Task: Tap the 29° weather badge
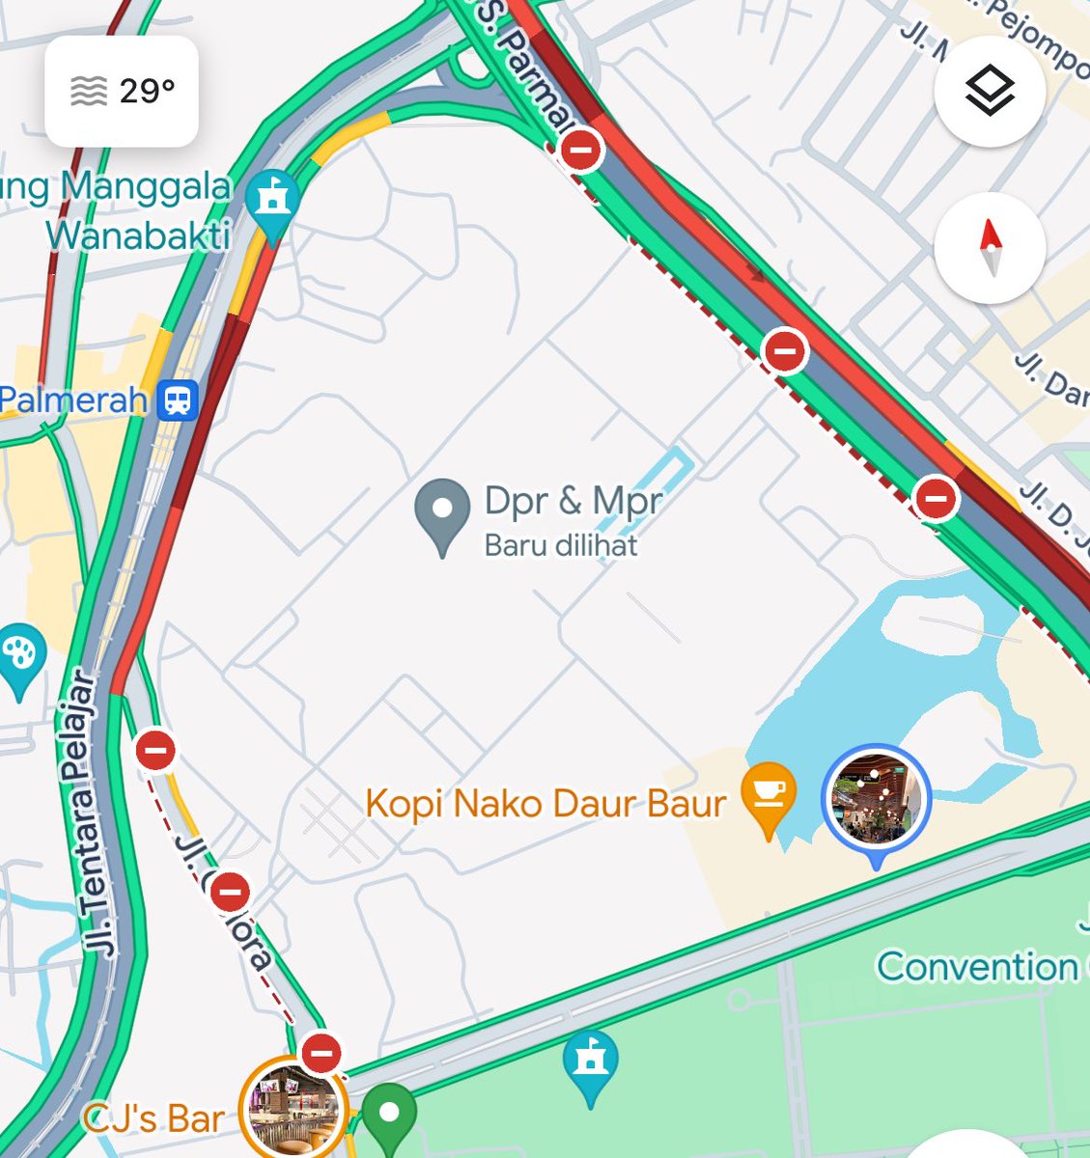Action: pyautogui.click(x=122, y=92)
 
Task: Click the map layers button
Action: pyautogui.click(x=990, y=92)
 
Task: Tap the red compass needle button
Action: pyautogui.click(x=990, y=248)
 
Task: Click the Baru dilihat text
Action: pyautogui.click(x=561, y=546)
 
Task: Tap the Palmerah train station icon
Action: pyautogui.click(x=178, y=400)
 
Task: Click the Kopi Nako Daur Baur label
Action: pyautogui.click(x=545, y=803)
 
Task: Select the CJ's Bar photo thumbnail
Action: pyautogui.click(x=293, y=1110)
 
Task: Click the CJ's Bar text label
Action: pyautogui.click(x=154, y=1119)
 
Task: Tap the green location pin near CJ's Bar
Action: pyautogui.click(x=389, y=1116)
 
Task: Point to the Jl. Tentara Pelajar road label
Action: pyautogui.click(x=90, y=811)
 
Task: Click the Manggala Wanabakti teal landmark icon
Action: pyautogui.click(x=272, y=200)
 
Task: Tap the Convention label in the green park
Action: pyautogui.click(x=977, y=966)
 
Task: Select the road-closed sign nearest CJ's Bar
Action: pyautogui.click(x=321, y=1053)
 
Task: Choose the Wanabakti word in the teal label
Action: pyautogui.click(x=138, y=235)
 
